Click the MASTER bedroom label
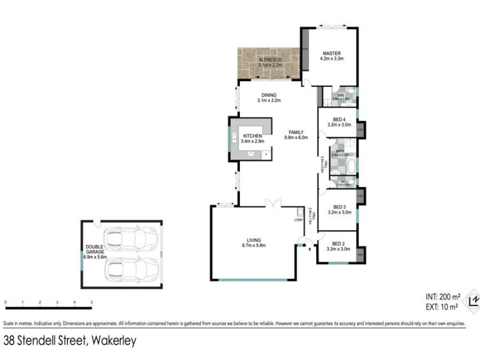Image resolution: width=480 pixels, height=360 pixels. pos(331,52)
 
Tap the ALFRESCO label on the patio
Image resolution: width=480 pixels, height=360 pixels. pos(269,60)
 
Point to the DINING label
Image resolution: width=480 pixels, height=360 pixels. pos(269,94)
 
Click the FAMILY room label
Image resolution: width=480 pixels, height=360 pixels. pos(296,132)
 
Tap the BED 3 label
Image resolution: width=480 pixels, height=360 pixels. pos(338,207)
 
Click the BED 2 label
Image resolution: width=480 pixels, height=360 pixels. pos(338,244)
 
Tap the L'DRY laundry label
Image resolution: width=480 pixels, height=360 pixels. pos(298,220)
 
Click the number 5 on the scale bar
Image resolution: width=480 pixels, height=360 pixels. pos(92,302)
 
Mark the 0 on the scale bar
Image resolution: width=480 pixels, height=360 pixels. pos(5,302)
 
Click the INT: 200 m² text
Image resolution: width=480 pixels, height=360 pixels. pos(443,296)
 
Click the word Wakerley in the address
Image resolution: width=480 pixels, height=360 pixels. pos(113,341)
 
